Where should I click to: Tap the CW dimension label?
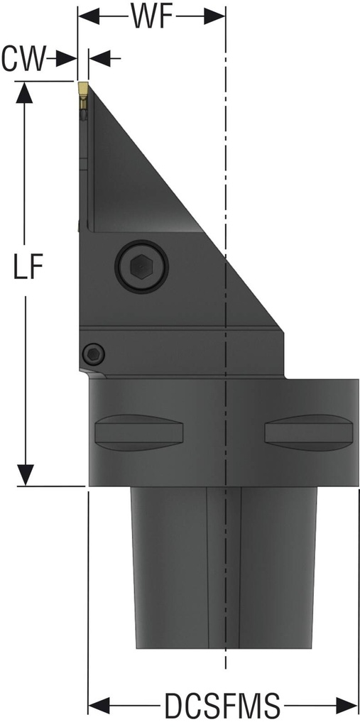(23, 60)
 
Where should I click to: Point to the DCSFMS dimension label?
(222, 707)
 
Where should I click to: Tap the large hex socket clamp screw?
(141, 267)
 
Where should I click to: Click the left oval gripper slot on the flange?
(139, 430)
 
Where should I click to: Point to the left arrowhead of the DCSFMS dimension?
(98, 707)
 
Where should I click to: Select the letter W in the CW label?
(33, 60)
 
